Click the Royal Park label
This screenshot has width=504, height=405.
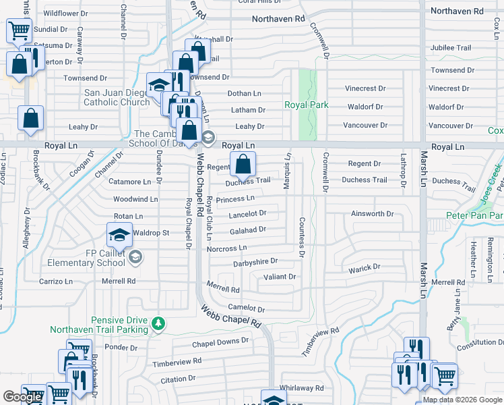coord(307,105)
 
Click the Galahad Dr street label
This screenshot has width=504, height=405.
coord(247,230)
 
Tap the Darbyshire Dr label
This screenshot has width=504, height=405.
coord(255,261)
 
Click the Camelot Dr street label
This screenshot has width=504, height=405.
coord(247,308)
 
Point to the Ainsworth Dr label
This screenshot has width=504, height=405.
coord(372,214)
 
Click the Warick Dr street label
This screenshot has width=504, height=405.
coord(365,269)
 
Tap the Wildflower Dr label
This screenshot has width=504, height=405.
coord(65,13)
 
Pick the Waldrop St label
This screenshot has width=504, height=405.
coord(151,233)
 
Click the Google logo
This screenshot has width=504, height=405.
coord(22,397)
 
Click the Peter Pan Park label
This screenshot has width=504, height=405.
coord(475,216)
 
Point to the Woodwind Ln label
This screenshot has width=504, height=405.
coord(135,199)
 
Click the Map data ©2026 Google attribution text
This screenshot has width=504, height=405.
coord(462,400)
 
